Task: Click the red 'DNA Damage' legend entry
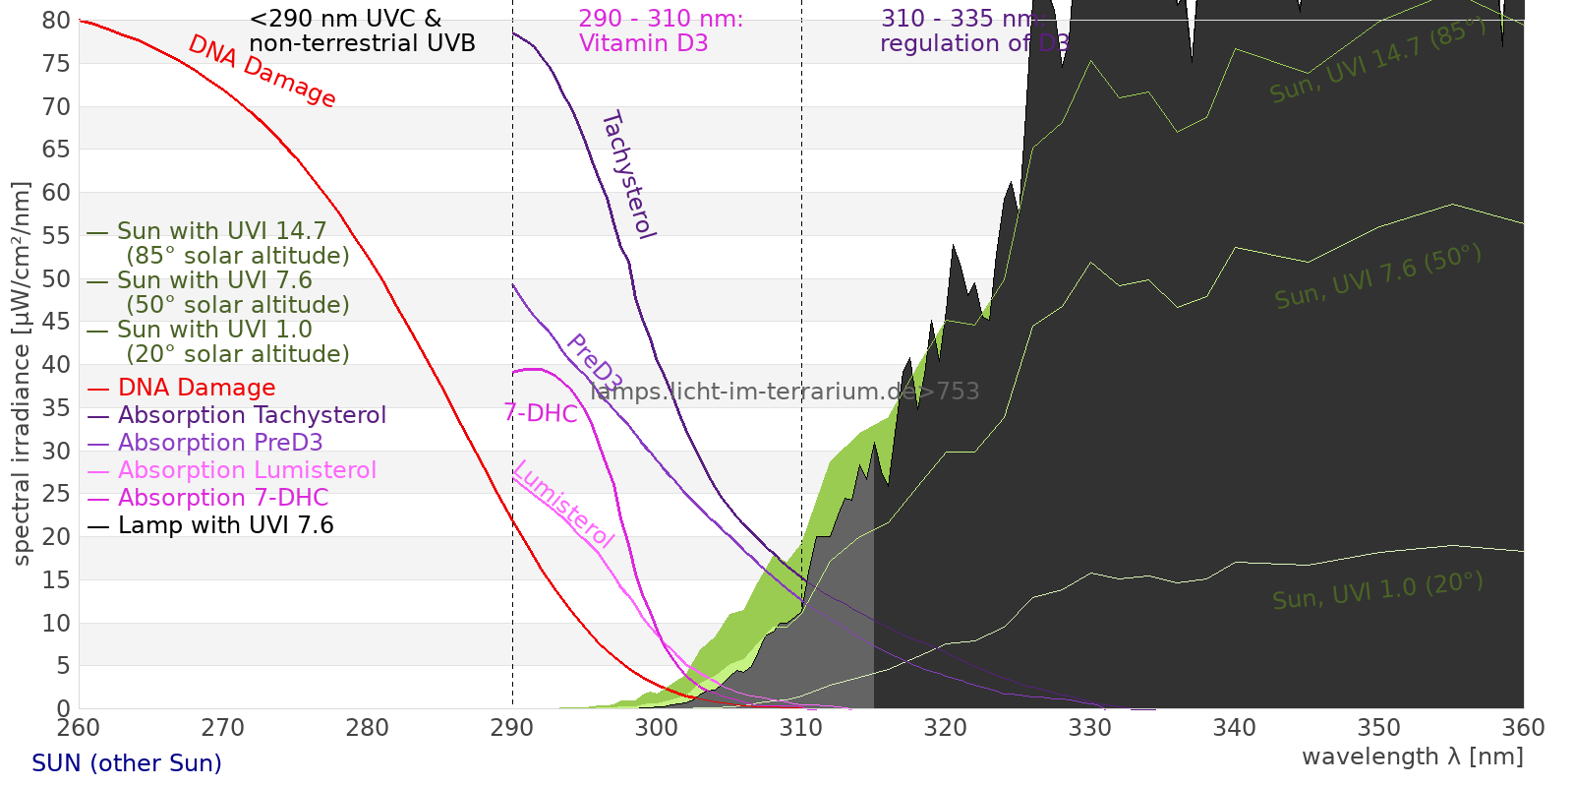point(197,388)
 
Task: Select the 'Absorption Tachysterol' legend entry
point(252,415)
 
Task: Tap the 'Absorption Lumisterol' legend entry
point(247,470)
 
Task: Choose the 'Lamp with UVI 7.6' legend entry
point(225,525)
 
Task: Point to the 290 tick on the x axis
point(511,728)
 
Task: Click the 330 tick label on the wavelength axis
point(1089,728)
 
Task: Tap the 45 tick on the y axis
point(56,322)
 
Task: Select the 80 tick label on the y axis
point(56,21)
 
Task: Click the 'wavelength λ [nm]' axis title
point(1412,757)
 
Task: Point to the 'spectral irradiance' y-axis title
point(22,374)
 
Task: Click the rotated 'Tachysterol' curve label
point(628,175)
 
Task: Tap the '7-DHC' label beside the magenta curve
point(541,413)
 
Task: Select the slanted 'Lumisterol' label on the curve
point(563,504)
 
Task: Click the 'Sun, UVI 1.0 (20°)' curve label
point(1376,591)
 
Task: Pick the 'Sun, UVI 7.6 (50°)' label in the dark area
point(1377,277)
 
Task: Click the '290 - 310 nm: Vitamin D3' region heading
point(660,31)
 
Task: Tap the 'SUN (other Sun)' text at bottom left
point(127,763)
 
